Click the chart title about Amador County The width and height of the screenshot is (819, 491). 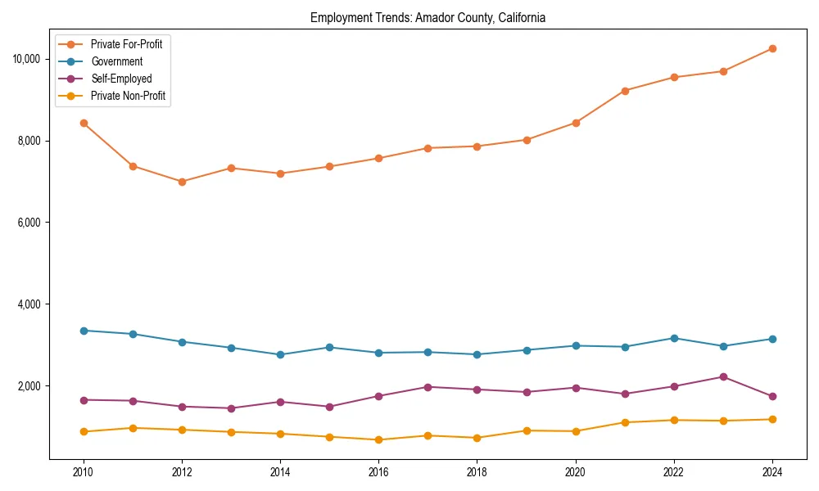[x=428, y=17]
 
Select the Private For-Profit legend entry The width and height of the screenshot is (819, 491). [x=126, y=44]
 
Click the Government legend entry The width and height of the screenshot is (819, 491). [x=116, y=61]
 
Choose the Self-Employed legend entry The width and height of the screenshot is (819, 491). [x=121, y=79]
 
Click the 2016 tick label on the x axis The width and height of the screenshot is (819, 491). [x=378, y=472]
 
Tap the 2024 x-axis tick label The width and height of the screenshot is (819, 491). [x=772, y=472]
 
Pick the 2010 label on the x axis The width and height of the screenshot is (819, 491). [x=84, y=472]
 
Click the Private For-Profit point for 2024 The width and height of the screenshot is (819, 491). [x=772, y=48]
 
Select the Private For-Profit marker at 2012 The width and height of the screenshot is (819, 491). [x=182, y=182]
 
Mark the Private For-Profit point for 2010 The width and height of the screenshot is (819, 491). [x=84, y=123]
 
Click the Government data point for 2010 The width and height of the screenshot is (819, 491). [x=84, y=331]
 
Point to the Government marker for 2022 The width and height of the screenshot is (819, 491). [x=674, y=338]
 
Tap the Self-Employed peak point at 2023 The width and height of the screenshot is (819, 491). [x=723, y=376]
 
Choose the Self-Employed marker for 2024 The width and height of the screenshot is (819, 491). [x=772, y=396]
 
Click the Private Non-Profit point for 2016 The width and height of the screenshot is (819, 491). [x=378, y=439]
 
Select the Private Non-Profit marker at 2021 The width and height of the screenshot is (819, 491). [x=625, y=422]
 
